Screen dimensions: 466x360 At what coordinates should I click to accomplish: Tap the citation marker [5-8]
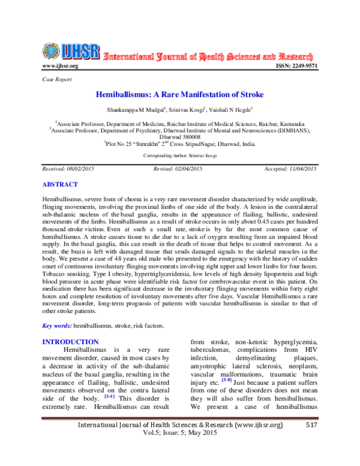tap(227, 380)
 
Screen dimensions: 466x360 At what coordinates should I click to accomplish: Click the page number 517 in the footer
tap(310, 443)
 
